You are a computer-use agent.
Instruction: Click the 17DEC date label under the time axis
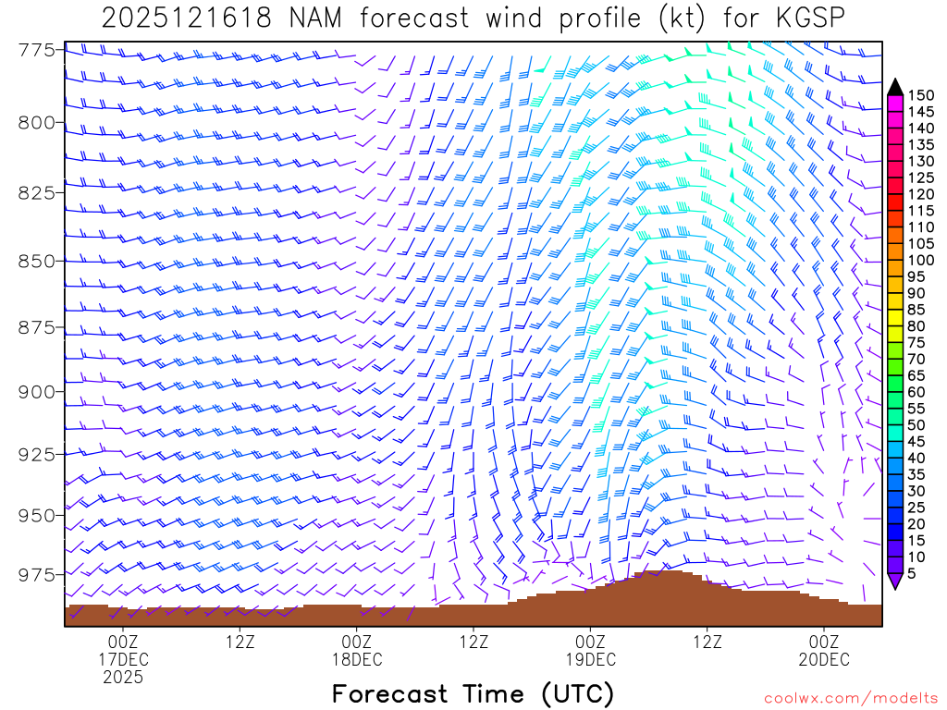pyautogui.click(x=123, y=659)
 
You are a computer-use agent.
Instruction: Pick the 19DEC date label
pyautogui.click(x=590, y=659)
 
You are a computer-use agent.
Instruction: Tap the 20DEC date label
pyautogui.click(x=824, y=659)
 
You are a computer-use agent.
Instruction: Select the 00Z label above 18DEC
pyautogui.click(x=356, y=642)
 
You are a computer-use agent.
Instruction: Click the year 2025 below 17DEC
pyautogui.click(x=123, y=678)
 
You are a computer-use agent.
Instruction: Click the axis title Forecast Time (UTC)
pyautogui.click(x=473, y=693)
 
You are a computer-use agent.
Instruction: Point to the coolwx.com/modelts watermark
pyautogui.click(x=850, y=699)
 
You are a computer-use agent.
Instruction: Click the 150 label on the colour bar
pyautogui.click(x=920, y=94)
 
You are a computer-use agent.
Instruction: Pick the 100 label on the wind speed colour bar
pyautogui.click(x=920, y=261)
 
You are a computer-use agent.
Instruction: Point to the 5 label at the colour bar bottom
pyautogui.click(x=914, y=574)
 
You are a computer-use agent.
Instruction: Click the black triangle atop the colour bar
pyautogui.click(x=895, y=86)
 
